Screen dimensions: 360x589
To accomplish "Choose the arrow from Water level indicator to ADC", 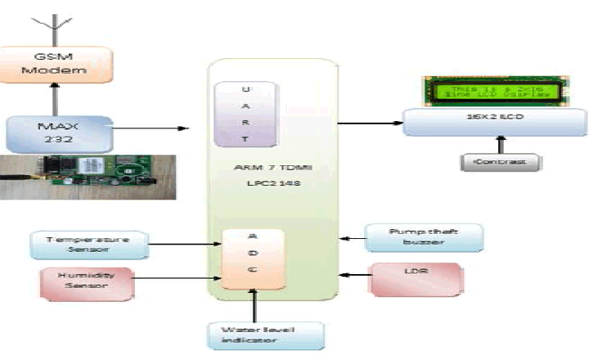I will coord(256,304).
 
